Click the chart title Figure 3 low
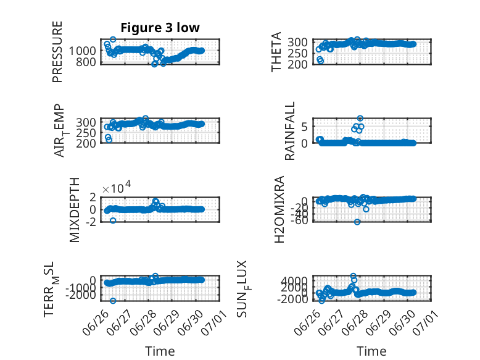click(x=160, y=28)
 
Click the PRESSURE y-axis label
click(x=57, y=52)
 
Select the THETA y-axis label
click(x=276, y=52)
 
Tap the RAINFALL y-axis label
click(x=289, y=131)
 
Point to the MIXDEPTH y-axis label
click(x=75, y=210)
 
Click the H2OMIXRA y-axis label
click(x=279, y=209)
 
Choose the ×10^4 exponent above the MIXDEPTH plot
click(x=117, y=187)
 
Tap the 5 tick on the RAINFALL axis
click(x=304, y=127)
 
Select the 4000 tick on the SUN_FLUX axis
click(x=295, y=280)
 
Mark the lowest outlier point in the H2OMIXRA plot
click(x=357, y=222)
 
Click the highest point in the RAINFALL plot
click(x=360, y=119)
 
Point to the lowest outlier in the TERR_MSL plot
click(x=113, y=301)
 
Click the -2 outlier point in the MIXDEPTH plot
click(x=113, y=220)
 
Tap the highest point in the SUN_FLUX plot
click(x=354, y=276)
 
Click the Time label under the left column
click(x=160, y=351)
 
